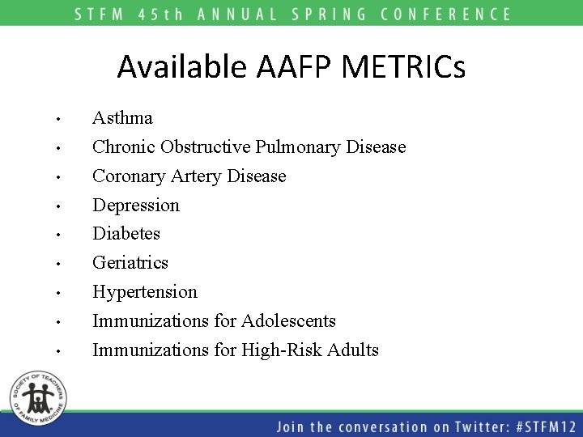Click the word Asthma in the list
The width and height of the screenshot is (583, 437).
pos(122,118)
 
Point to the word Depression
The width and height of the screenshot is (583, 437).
pos(136,206)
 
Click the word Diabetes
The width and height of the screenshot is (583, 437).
pos(126,234)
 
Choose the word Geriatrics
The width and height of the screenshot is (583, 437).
pos(130,263)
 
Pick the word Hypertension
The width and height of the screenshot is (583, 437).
pos(145,291)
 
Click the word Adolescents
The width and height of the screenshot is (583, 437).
pos(288,321)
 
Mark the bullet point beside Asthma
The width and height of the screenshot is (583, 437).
pos(59,120)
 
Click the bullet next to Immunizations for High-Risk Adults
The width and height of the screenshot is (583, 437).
pos(59,352)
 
